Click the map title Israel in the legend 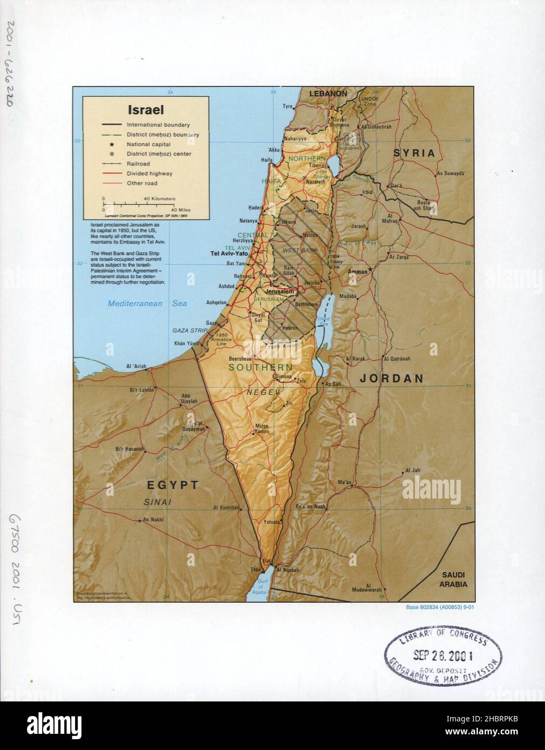coord(145,110)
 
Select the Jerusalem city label coord(280,291)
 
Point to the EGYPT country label coord(173,485)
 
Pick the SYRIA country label coord(414,153)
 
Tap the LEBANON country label coord(328,93)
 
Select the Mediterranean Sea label coord(147,304)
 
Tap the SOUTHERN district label coord(260,367)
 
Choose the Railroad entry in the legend coord(138,163)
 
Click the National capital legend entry coord(148,144)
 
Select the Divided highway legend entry coord(149,173)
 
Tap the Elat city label coord(265,561)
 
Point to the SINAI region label coord(158,502)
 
